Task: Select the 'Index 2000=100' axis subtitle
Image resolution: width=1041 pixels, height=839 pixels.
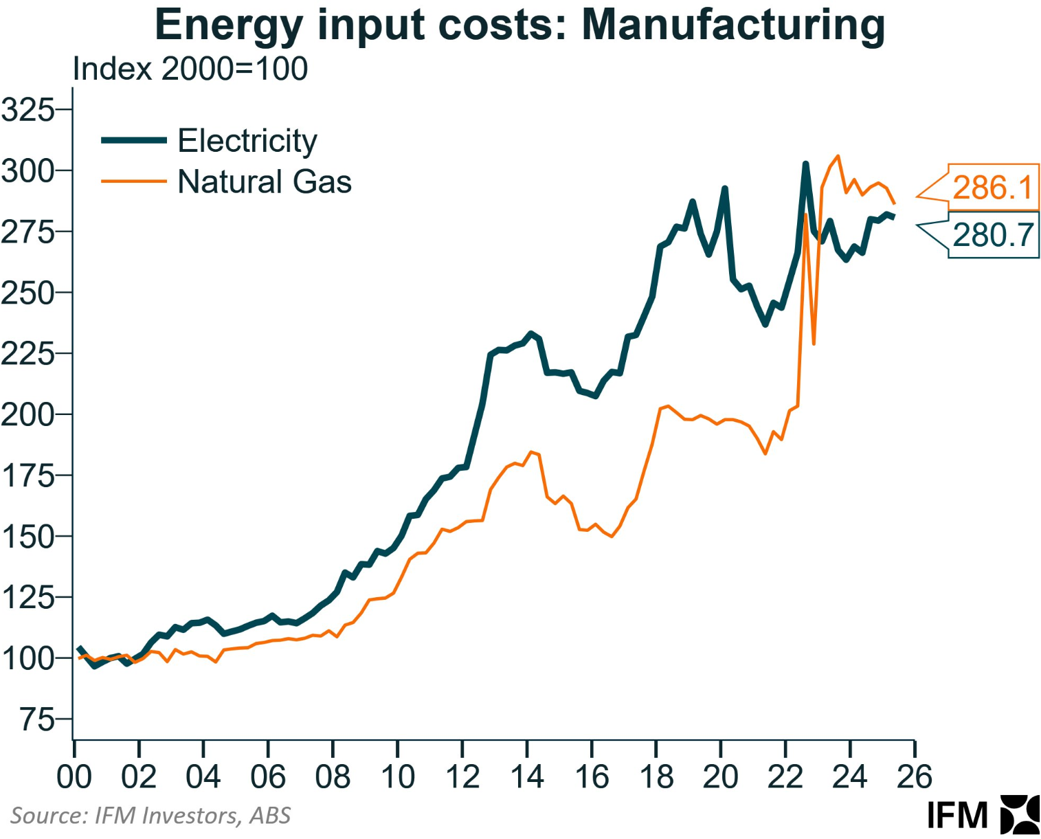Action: click(190, 69)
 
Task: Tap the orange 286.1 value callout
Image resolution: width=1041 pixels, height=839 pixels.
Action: click(992, 187)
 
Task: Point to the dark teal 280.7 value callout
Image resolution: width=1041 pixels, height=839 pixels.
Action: click(992, 235)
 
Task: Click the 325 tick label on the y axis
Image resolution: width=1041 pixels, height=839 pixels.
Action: click(27, 109)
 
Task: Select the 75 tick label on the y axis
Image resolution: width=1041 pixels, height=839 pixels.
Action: click(36, 719)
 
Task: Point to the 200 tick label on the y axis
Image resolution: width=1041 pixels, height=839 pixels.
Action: click(27, 414)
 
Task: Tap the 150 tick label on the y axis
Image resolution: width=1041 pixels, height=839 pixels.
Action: click(27, 537)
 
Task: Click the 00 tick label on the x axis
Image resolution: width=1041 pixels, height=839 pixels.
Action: click(74, 776)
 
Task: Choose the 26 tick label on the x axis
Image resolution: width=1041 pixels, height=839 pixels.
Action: click(914, 776)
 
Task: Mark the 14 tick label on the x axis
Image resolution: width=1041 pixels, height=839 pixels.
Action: click(527, 776)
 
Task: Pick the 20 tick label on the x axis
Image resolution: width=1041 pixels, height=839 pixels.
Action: click(720, 776)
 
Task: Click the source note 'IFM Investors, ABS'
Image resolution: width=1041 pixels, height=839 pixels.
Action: click(150, 816)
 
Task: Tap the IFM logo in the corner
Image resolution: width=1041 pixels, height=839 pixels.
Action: click(983, 815)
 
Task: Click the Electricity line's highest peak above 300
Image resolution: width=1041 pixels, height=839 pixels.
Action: click(805, 164)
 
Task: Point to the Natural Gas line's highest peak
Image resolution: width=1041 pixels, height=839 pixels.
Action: click(838, 156)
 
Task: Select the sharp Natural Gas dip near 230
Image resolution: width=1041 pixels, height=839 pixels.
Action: click(814, 343)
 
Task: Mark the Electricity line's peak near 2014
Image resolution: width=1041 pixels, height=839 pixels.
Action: click(530, 333)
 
